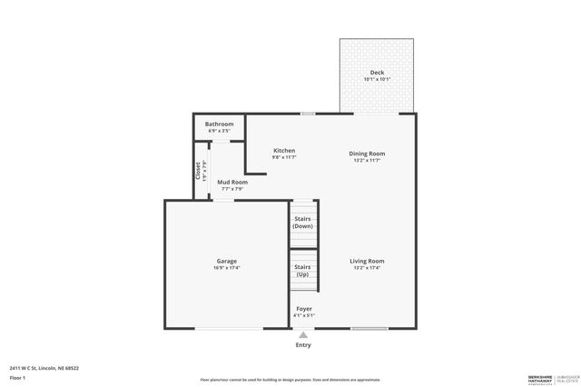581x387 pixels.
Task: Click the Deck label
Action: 376,73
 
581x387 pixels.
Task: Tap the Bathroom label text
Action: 219,124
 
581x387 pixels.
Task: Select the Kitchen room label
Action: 284,151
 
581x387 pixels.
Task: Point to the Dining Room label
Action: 368,154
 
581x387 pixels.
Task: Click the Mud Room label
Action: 231,183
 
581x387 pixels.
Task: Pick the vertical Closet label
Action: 198,170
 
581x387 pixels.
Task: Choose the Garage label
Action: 227,262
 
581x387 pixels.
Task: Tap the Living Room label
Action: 368,262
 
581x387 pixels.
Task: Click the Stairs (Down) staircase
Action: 303,223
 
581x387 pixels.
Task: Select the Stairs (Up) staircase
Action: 303,271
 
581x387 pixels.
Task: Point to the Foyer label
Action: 304,309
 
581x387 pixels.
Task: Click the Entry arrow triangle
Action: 303,333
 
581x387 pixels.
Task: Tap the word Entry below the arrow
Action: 303,345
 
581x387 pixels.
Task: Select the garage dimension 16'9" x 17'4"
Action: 227,269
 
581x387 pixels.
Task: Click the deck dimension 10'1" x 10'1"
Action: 376,80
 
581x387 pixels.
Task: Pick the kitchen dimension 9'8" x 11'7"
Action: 284,158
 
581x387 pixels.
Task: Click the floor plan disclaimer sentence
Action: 290,379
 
